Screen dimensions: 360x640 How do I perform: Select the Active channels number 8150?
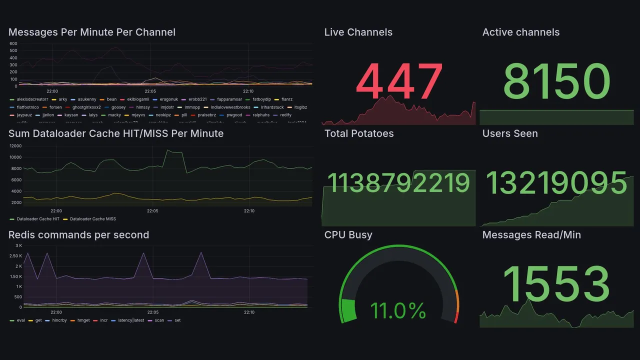[556, 81]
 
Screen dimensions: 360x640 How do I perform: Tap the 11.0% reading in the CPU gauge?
[398, 310]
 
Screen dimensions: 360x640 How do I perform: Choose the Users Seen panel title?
[510, 133]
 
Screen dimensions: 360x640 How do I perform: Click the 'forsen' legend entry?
[55, 107]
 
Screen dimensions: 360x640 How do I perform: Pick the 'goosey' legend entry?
[118, 107]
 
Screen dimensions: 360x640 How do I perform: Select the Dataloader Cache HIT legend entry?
[38, 219]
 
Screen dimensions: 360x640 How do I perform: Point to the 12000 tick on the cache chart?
[15, 146]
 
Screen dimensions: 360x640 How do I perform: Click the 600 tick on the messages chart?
[13, 43]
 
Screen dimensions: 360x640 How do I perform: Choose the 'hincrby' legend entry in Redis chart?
[59, 320]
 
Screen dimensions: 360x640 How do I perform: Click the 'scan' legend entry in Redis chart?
[159, 320]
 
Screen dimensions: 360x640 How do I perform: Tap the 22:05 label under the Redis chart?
[152, 312]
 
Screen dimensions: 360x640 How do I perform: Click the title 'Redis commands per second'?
[79, 235]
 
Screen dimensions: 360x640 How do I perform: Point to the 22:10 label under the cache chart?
[249, 211]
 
